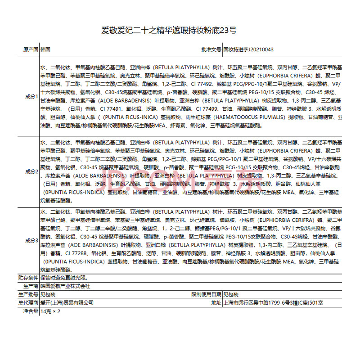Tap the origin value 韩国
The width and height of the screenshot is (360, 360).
pyautogui.click(x=45, y=50)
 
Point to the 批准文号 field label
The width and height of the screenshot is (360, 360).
pyautogui.click(x=211, y=50)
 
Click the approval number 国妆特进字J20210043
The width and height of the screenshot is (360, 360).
pyautogui.click(x=248, y=50)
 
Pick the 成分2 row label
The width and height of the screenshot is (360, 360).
pyautogui.click(x=31, y=171)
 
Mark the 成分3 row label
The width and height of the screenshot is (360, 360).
pyautogui.click(x=31, y=241)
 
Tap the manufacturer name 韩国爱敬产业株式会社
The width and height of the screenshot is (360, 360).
pyautogui.click(x=65, y=286)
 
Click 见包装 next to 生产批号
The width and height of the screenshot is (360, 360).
pyautogui.click(x=47, y=294)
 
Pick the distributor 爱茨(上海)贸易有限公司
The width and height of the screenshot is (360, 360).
pyautogui.click(x=67, y=302)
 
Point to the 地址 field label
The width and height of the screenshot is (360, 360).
pyautogui.click(x=216, y=302)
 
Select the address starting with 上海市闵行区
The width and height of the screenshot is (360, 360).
pyautogui.click(x=273, y=302)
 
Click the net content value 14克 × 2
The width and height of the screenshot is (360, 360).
pyautogui.click(x=50, y=311)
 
